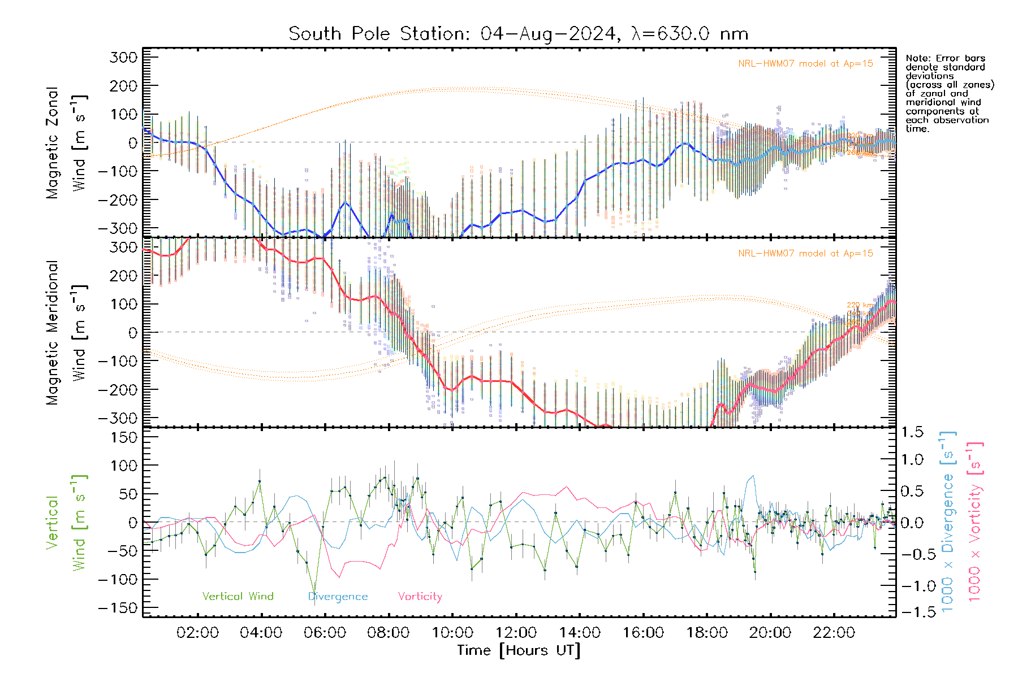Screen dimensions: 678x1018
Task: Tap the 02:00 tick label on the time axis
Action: pyautogui.click(x=197, y=633)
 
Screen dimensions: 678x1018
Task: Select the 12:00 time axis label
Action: pyautogui.click(x=516, y=633)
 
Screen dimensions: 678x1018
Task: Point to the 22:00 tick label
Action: pyautogui.click(x=834, y=633)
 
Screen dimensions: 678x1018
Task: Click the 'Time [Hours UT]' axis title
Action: pyautogui.click(x=519, y=650)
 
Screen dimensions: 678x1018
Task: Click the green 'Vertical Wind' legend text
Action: pyautogui.click(x=238, y=597)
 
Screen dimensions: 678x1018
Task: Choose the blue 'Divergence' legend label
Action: pyautogui.click(x=338, y=597)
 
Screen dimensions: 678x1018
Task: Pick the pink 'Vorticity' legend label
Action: pyautogui.click(x=420, y=597)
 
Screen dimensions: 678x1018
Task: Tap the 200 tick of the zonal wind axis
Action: pyautogui.click(x=124, y=86)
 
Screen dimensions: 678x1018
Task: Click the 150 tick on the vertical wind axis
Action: pyautogui.click(x=124, y=437)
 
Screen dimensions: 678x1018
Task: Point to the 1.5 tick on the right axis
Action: pyautogui.click(x=912, y=432)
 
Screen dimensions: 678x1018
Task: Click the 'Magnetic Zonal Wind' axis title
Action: pyautogui.click(x=66, y=143)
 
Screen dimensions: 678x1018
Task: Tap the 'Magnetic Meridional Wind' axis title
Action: pyautogui.click(x=66, y=333)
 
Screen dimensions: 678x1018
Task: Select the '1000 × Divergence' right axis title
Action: pyautogui.click(x=947, y=521)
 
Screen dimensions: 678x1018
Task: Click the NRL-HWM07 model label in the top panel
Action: pyautogui.click(x=805, y=64)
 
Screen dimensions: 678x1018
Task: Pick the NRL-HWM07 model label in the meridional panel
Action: pyautogui.click(x=805, y=254)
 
